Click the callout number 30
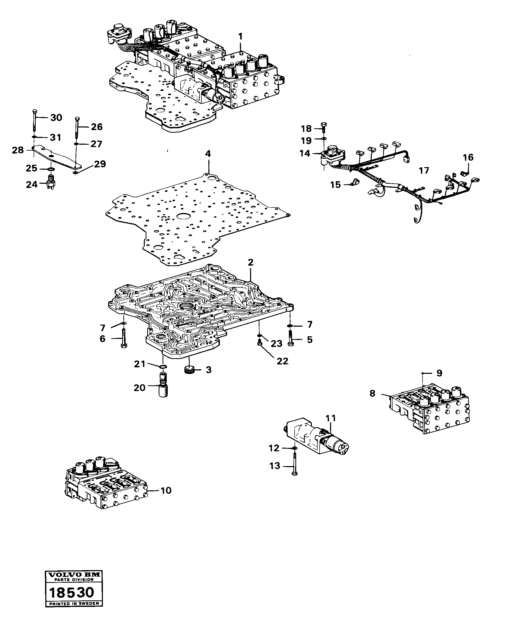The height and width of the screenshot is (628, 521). (56, 118)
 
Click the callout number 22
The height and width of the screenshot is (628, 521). (282, 361)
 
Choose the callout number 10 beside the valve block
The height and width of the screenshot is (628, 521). (166, 490)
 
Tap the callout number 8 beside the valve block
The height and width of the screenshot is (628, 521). (372, 393)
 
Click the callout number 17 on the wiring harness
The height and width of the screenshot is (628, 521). (424, 171)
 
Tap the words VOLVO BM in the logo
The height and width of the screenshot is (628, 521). (73, 574)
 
